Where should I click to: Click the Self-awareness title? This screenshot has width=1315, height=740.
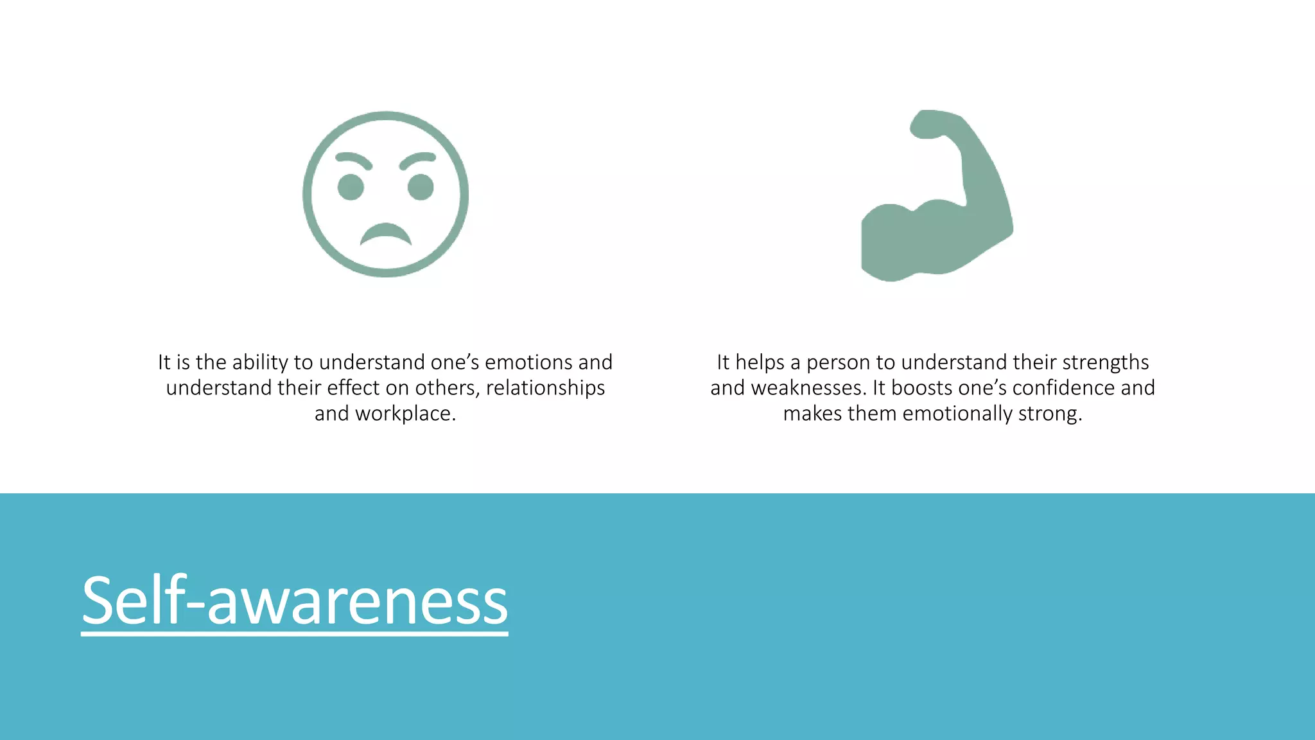[x=295, y=601]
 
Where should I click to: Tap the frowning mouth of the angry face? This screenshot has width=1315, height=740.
[x=385, y=234]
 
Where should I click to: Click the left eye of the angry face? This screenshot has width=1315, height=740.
[x=351, y=187]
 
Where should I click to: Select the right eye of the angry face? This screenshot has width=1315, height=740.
[x=421, y=187]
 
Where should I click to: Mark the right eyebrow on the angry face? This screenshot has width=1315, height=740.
[x=417, y=159]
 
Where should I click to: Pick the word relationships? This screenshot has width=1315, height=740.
[x=545, y=388]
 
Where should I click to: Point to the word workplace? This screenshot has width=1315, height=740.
[x=405, y=414]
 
